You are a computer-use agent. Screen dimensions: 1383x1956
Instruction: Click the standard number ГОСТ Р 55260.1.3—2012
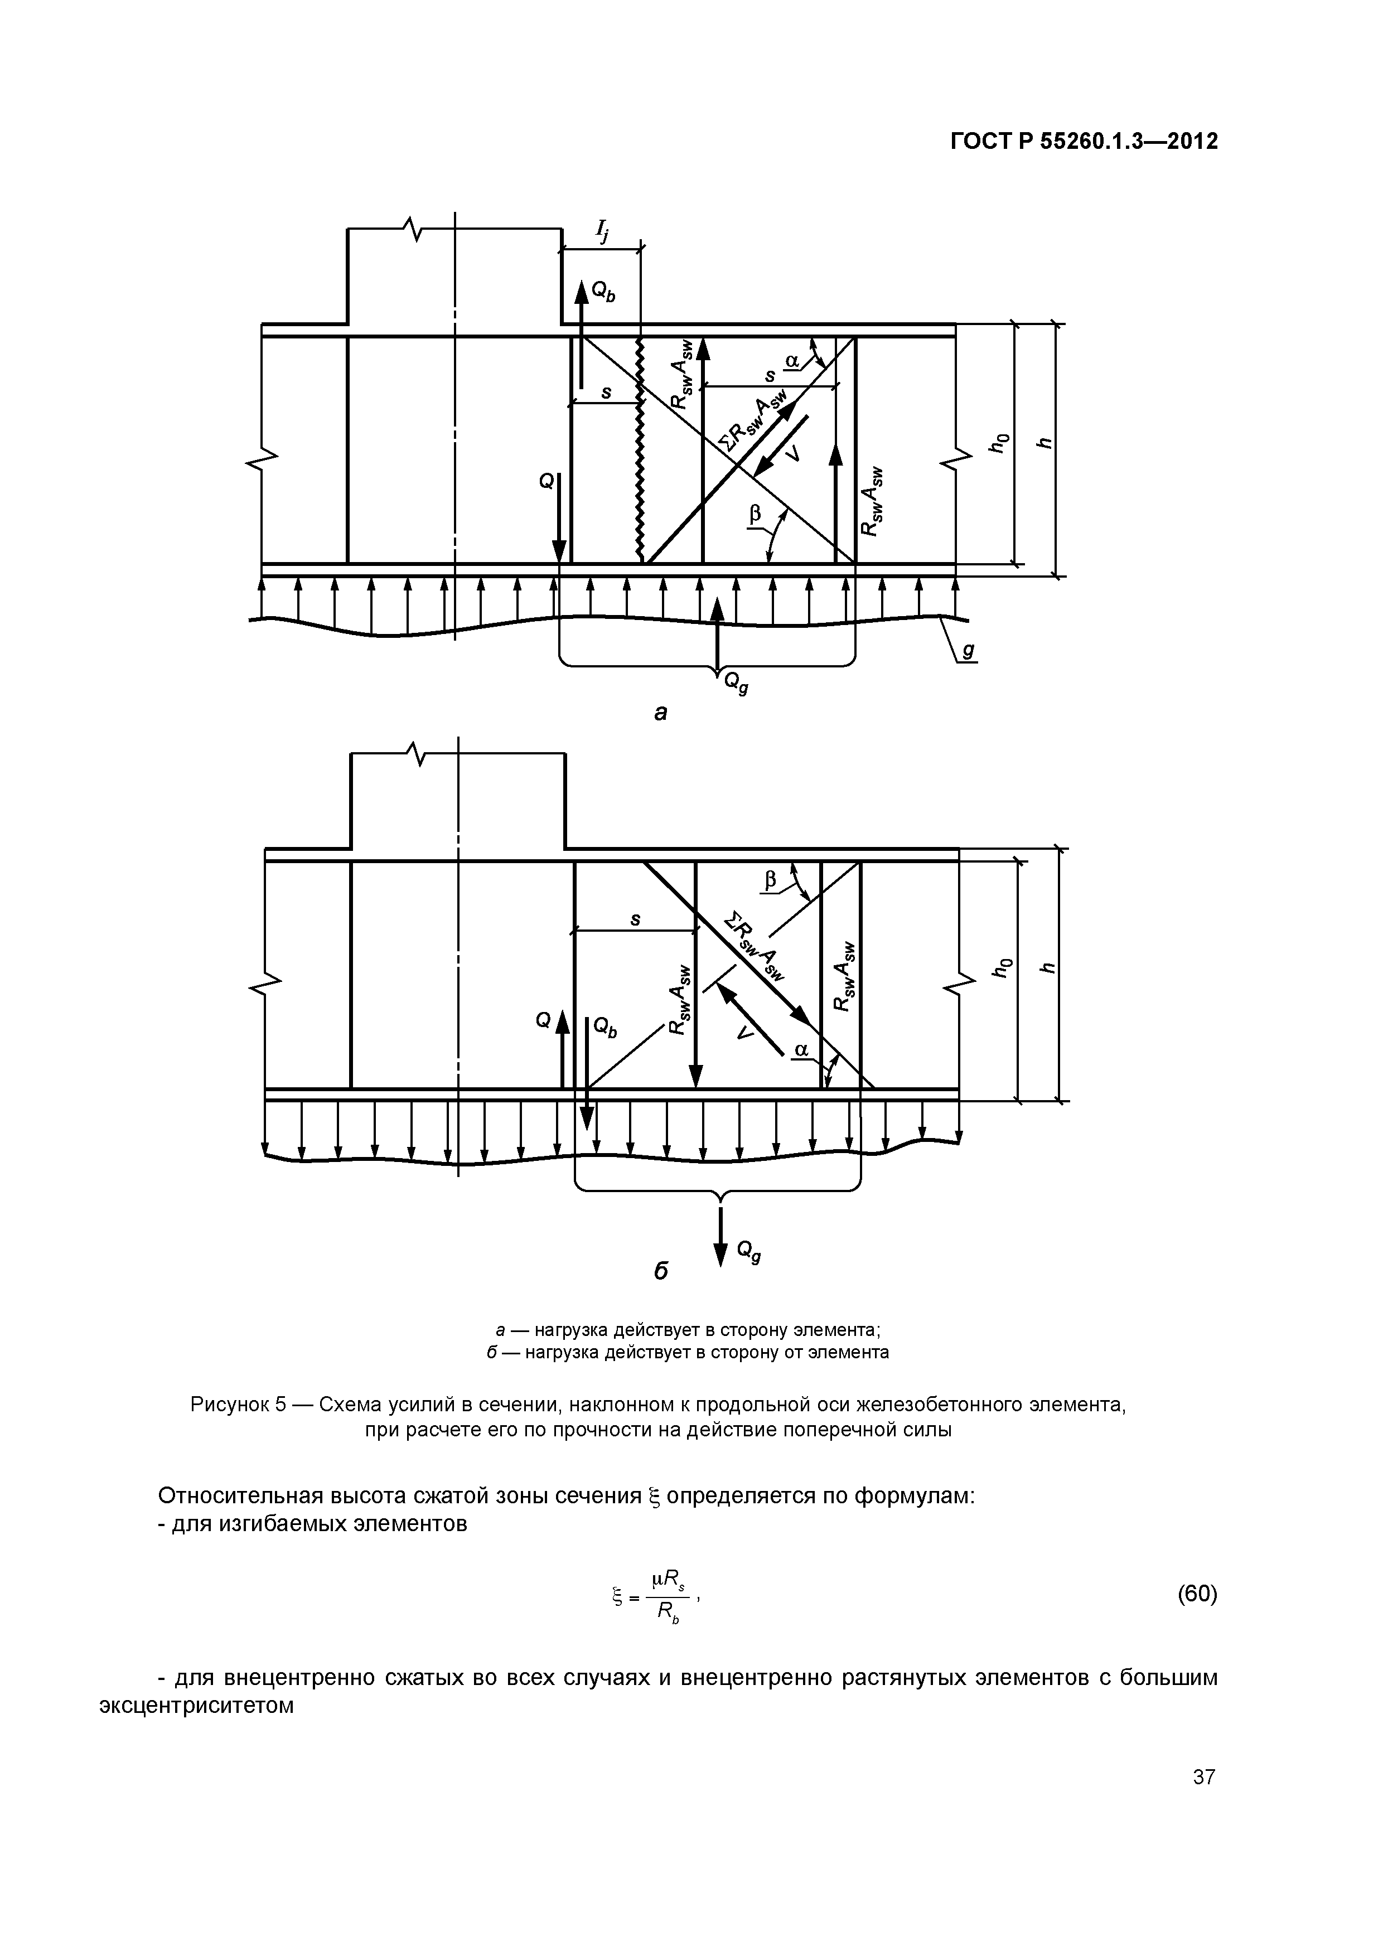click(x=1084, y=142)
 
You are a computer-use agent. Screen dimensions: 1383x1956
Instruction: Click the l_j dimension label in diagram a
click(x=602, y=230)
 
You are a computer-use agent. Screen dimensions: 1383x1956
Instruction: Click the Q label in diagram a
click(x=546, y=482)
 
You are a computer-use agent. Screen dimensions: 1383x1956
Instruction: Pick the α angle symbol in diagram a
click(x=792, y=361)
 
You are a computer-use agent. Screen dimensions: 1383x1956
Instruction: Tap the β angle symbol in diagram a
click(x=754, y=514)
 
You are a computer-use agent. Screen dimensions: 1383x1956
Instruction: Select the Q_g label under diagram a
click(x=736, y=683)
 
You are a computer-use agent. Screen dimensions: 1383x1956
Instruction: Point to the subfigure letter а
click(x=660, y=712)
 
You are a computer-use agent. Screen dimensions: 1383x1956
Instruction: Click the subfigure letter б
click(x=660, y=1271)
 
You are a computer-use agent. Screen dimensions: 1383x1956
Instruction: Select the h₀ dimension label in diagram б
click(x=1005, y=968)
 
